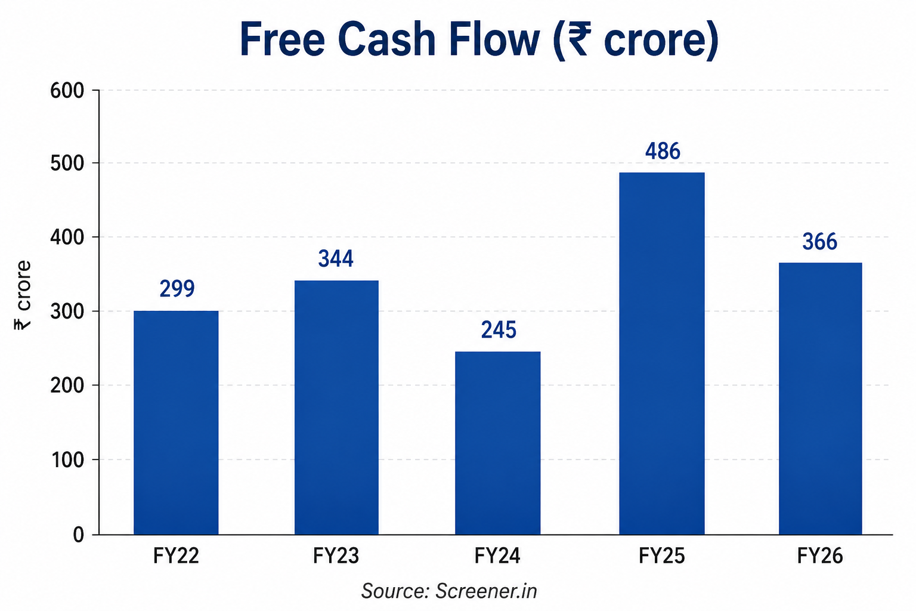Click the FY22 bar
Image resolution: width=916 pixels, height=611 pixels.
176,422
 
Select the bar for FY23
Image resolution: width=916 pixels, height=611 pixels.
336,407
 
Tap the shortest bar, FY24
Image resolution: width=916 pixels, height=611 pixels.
498,443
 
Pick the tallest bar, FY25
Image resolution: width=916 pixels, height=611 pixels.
661,353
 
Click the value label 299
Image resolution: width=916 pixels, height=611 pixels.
177,289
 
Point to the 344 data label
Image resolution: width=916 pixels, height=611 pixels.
336,258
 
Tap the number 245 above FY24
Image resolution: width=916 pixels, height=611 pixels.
499,329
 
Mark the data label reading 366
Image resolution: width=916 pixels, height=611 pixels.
819,242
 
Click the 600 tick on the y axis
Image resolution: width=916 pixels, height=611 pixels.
67,91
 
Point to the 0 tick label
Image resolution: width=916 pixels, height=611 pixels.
79,535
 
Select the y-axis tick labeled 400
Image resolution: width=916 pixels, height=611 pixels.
67,237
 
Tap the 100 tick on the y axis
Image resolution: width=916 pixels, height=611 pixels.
68,460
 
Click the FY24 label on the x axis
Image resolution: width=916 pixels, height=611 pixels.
497,556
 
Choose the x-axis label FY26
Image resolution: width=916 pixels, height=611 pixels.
820,556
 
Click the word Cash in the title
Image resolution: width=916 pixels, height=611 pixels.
387,40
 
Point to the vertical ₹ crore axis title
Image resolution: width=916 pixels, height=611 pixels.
23,295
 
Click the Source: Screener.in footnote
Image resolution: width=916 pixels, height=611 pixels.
449,591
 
